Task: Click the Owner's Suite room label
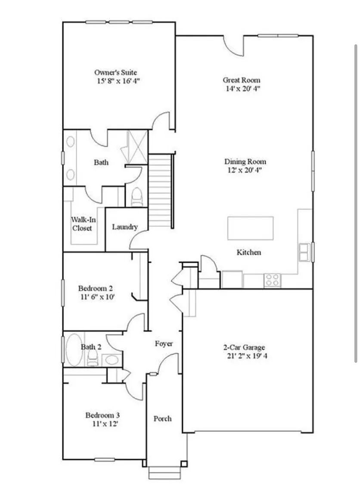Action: pos(115,72)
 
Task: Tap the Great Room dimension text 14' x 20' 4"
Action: pos(242,89)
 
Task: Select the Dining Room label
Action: pos(245,161)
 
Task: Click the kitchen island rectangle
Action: pos(250,228)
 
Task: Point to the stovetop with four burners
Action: pos(272,280)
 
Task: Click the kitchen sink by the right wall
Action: pos(305,252)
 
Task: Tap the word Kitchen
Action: pos(249,252)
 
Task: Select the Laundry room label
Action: pos(124,227)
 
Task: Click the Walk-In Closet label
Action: pos(83,223)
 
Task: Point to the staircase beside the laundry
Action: pos(160,190)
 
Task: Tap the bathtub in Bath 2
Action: pos(74,350)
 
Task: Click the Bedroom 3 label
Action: pos(102,415)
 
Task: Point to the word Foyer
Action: pos(164,344)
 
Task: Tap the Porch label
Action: pos(163,418)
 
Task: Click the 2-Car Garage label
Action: pos(244,347)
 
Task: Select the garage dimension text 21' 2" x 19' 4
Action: pos(247,356)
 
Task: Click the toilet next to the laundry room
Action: pos(137,197)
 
